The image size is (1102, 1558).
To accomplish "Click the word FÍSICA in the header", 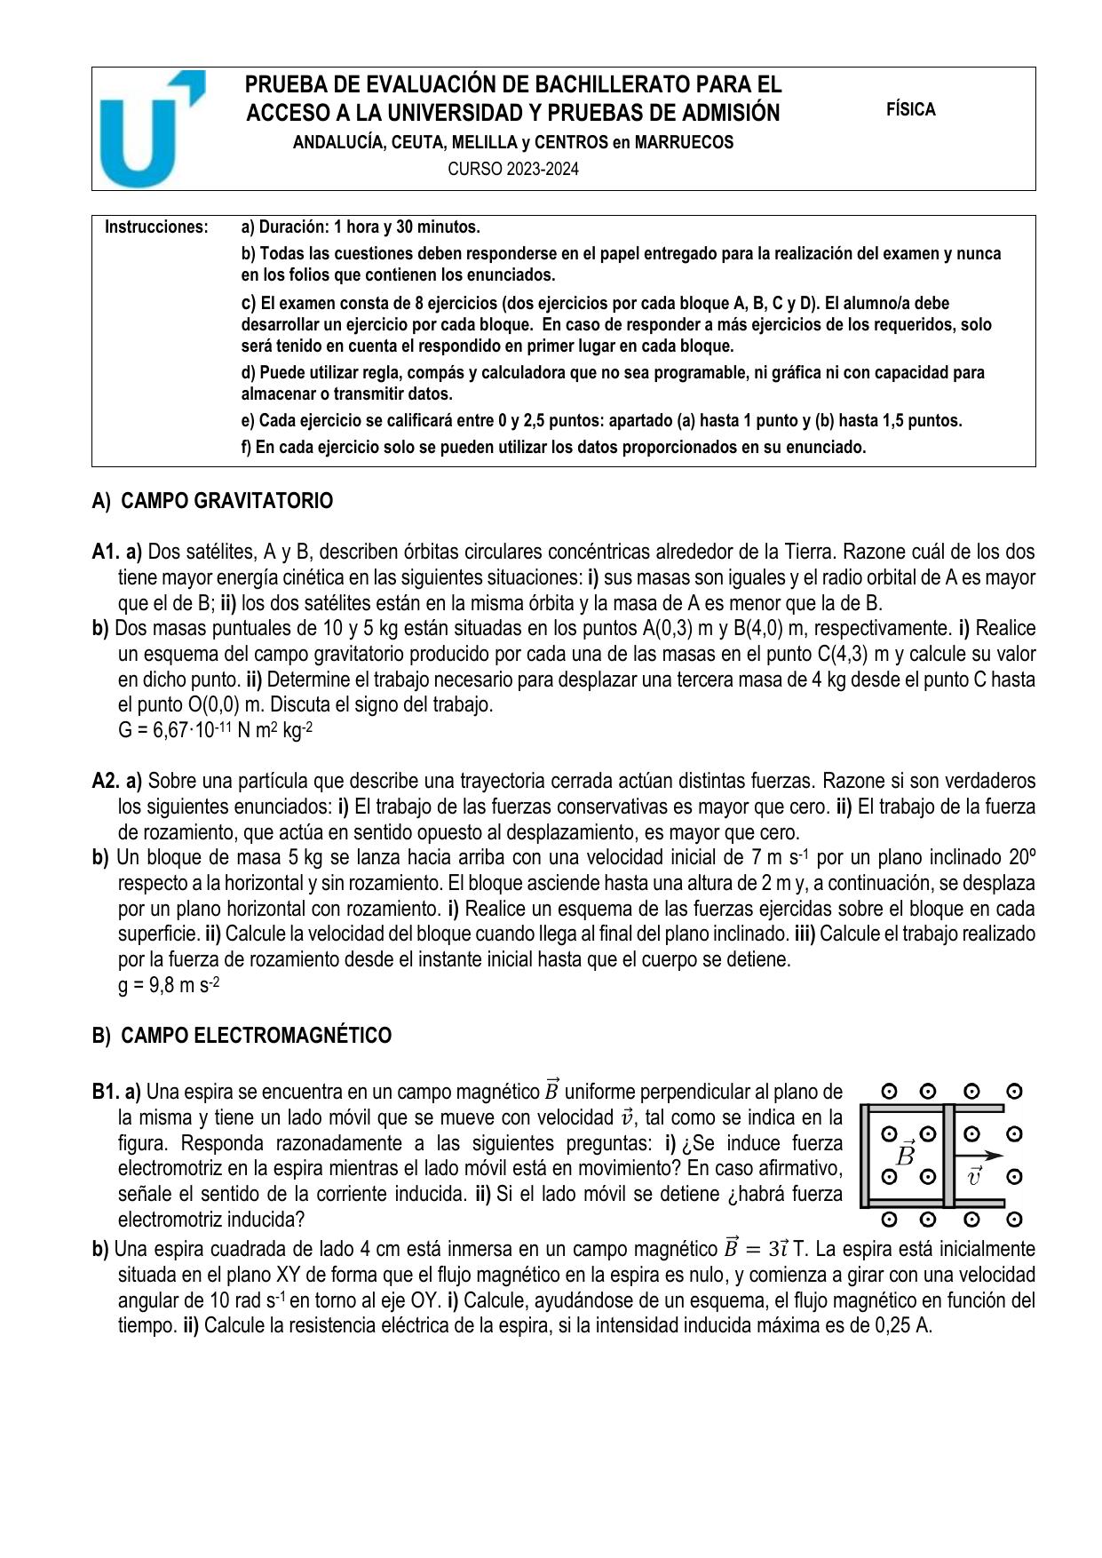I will coord(910,110).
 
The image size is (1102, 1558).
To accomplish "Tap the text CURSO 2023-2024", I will coord(512,169).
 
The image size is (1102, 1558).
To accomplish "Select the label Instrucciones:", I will coord(156,227).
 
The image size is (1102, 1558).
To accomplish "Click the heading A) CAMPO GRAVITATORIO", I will coord(212,501).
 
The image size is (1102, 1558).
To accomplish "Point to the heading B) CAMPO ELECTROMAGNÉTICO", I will coord(242,1036).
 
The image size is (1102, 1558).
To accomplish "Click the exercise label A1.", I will coord(106,552).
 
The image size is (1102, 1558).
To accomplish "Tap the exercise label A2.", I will coord(106,782).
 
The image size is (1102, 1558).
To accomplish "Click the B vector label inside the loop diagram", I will coord(907,1155).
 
